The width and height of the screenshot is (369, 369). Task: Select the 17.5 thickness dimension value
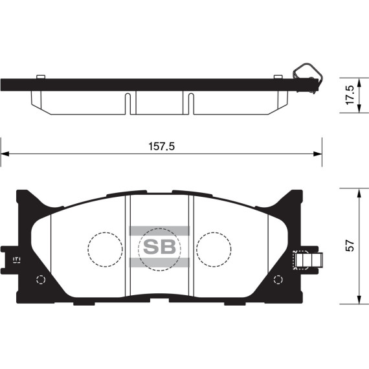tap(350, 95)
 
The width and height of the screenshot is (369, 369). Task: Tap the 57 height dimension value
tap(350, 246)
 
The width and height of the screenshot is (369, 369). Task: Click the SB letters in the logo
tap(159, 247)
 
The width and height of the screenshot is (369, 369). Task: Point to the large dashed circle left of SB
tap(105, 249)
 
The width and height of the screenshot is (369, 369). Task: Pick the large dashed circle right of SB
tap(214, 249)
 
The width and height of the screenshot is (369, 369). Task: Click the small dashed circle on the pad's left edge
tap(39, 280)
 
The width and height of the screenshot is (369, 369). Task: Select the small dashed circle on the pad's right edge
tap(278, 280)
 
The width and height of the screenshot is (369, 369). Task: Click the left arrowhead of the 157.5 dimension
tap(4, 154)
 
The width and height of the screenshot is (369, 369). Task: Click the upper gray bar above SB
tap(159, 230)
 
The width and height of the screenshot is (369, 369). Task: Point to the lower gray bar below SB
tap(159, 262)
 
